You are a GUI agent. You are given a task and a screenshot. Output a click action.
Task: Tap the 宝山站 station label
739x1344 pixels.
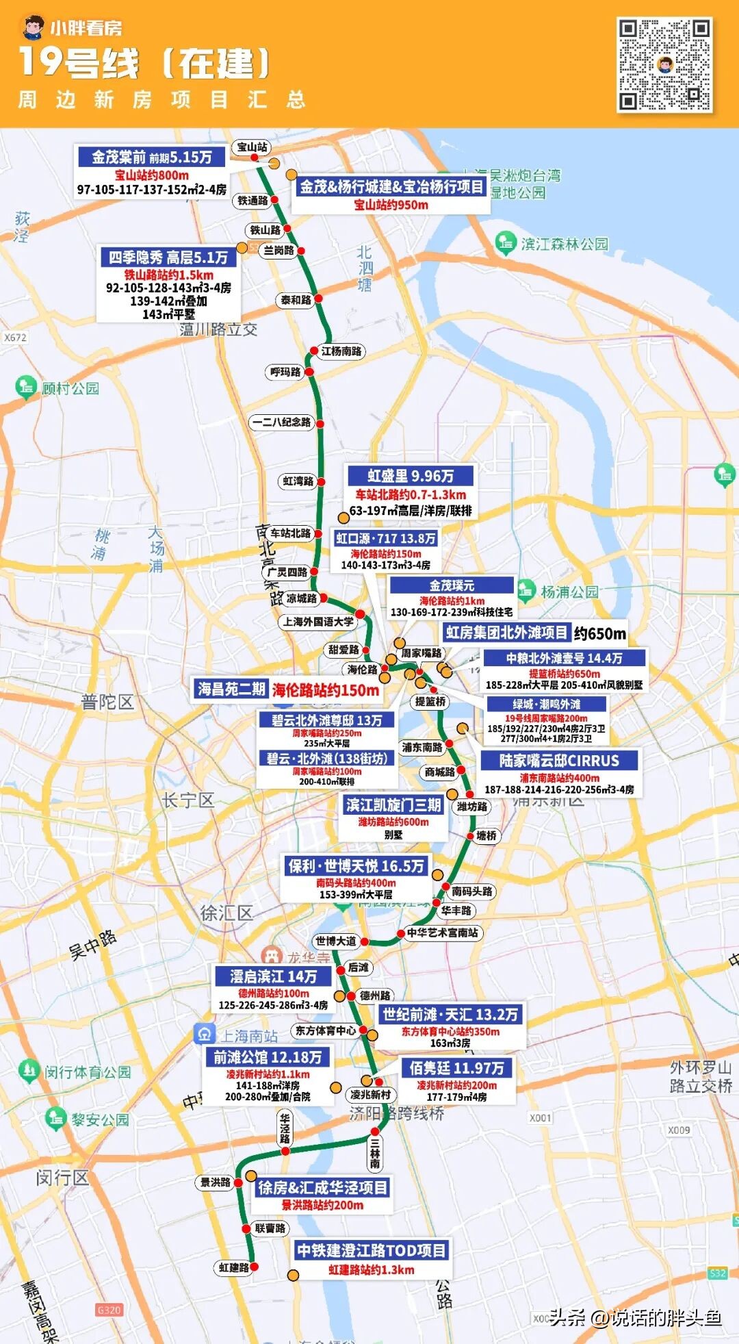(252, 147)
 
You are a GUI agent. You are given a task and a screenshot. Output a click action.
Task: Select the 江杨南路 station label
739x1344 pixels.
(342, 351)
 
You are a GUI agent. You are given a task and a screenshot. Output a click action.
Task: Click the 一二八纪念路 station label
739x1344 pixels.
(281, 422)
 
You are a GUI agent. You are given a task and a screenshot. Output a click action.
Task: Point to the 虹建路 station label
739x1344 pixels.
(233, 1268)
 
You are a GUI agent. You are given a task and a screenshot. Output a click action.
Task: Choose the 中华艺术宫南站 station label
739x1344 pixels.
(442, 933)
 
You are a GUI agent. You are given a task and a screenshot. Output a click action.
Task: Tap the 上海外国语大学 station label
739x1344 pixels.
(318, 622)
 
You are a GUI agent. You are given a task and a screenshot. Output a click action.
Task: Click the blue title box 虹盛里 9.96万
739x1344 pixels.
(411, 476)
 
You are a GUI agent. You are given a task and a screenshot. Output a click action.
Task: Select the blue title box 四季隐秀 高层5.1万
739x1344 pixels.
(168, 257)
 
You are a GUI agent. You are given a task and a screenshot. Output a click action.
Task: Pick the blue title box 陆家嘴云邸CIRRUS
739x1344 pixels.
(559, 761)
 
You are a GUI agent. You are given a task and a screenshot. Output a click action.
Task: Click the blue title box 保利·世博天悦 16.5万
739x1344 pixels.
(356, 866)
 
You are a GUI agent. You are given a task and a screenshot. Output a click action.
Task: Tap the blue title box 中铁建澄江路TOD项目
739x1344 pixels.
(372, 1251)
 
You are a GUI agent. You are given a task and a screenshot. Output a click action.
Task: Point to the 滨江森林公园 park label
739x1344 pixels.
(564, 244)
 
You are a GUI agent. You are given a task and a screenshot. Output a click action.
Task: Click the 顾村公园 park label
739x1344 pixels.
(70, 388)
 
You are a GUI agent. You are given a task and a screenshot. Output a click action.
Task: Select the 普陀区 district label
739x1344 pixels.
(107, 702)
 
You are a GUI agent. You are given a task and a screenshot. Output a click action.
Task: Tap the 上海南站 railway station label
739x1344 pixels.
(248, 1036)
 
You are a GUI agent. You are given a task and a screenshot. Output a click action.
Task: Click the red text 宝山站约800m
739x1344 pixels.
(151, 175)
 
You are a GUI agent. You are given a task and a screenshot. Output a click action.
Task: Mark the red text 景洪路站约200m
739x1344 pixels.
(322, 1205)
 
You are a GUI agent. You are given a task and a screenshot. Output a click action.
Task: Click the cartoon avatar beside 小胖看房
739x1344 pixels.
(32, 28)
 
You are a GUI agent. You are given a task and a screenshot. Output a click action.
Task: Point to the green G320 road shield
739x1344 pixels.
(109, 1310)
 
